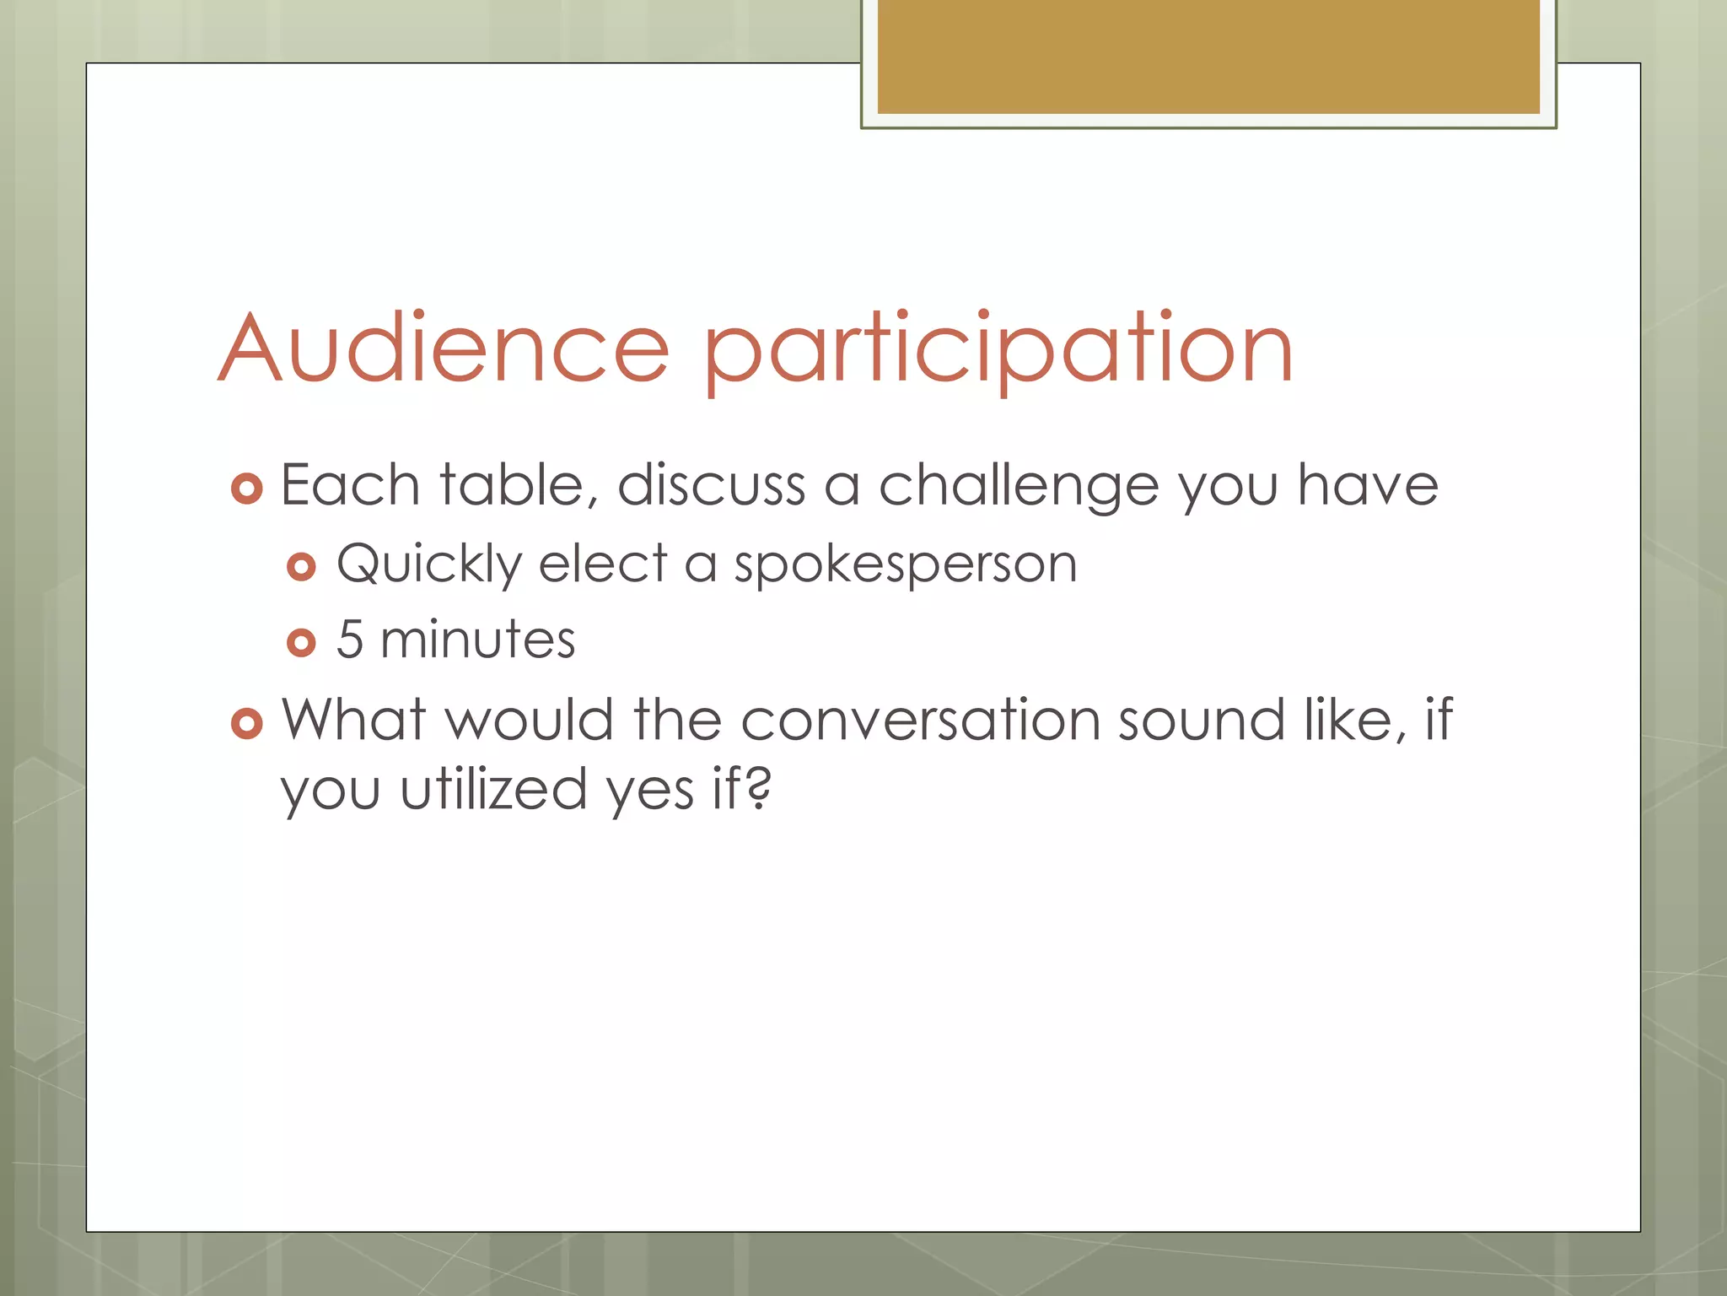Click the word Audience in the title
pos(444,348)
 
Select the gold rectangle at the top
pos(1208,57)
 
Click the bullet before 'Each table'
pos(246,489)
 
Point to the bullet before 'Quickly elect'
pos(301,566)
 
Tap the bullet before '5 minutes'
pos(301,643)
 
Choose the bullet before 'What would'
pos(246,723)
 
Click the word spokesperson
pos(905,564)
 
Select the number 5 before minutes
pos(349,639)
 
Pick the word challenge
pos(1019,486)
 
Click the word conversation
pos(921,720)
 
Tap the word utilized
pos(492,789)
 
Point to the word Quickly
pos(429,564)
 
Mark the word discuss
pos(711,485)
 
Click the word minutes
pos(477,639)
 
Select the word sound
pos(1201,720)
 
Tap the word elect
pos(603,563)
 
